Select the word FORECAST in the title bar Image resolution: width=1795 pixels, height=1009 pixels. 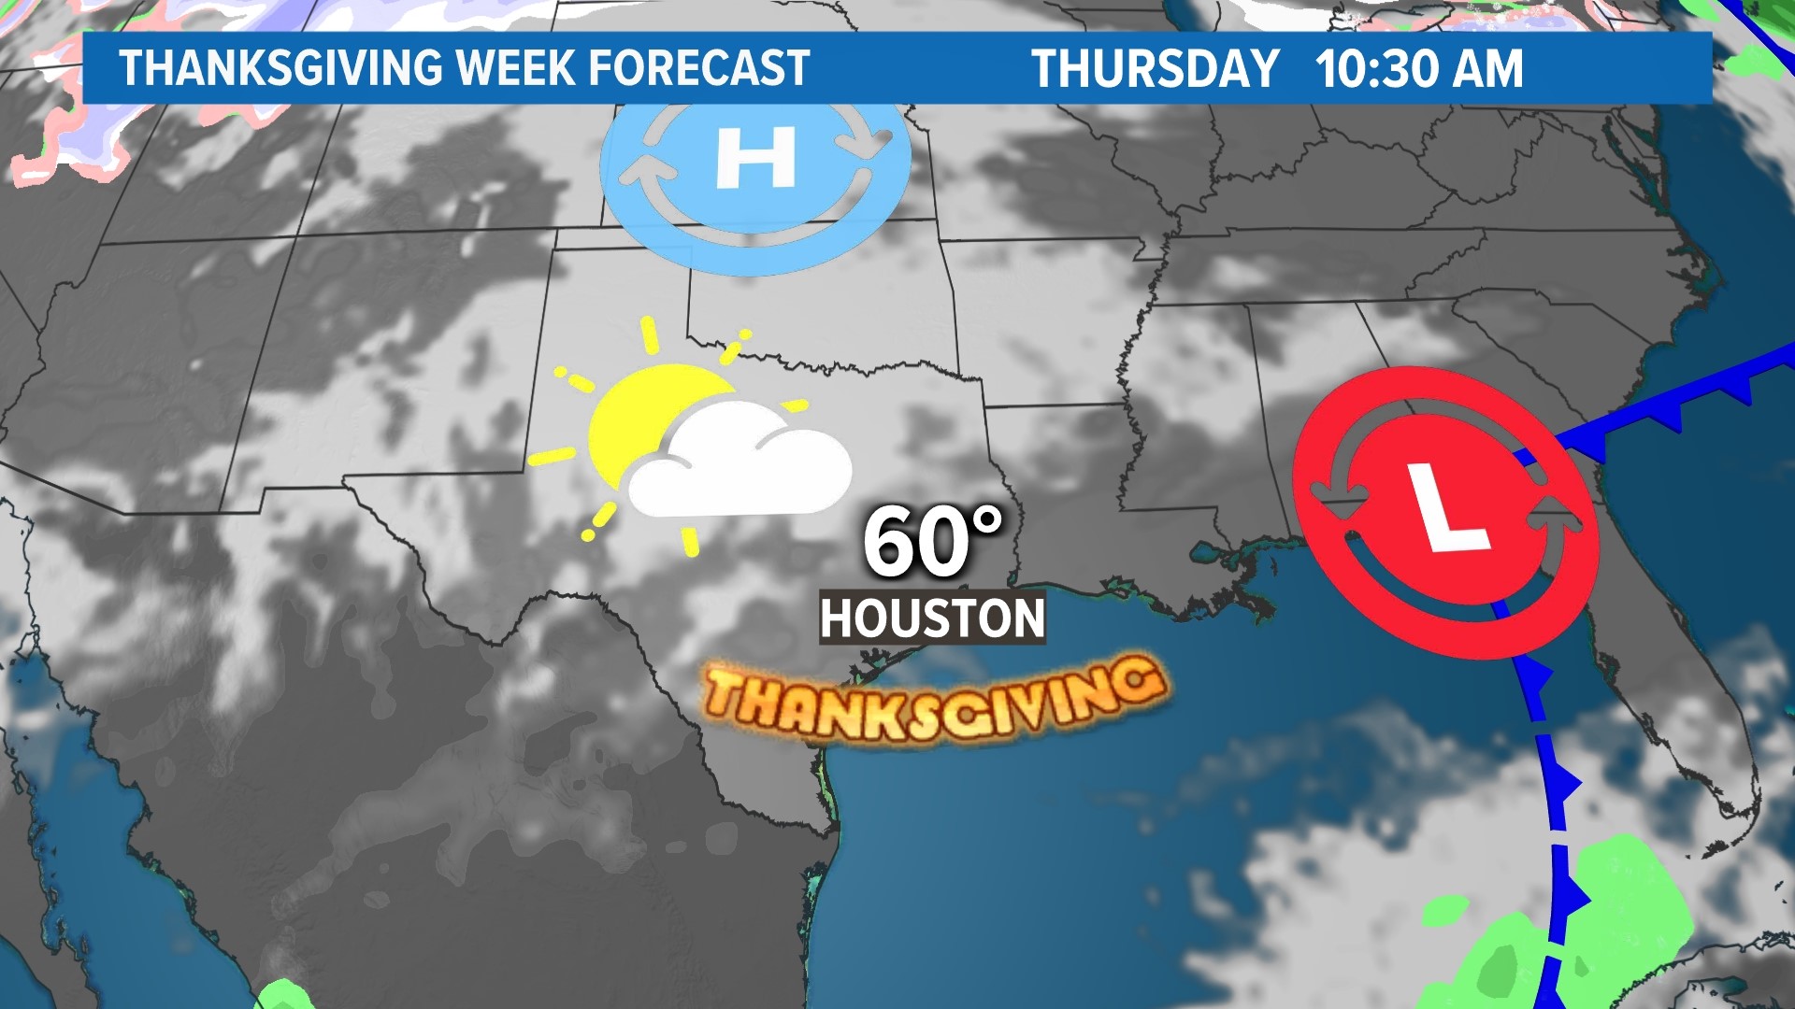(x=699, y=68)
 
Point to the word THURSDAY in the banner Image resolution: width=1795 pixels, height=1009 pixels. (x=1155, y=68)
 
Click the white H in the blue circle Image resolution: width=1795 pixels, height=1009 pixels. (x=755, y=158)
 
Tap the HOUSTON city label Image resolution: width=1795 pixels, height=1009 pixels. (x=932, y=618)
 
